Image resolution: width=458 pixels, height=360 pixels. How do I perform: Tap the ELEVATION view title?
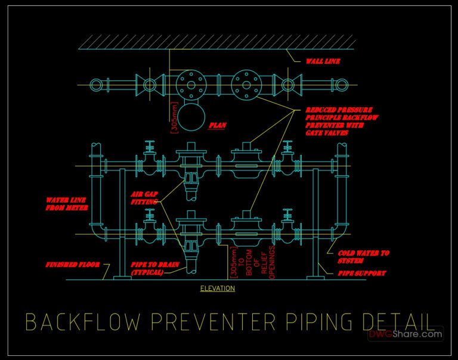coord(217,288)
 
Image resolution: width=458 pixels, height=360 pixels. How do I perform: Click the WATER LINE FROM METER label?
coord(67,204)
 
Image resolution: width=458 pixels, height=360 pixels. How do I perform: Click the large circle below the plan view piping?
coord(191,119)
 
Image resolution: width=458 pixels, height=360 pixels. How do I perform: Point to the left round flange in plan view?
coord(191,84)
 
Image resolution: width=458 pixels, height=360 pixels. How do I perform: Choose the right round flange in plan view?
coord(245,84)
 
